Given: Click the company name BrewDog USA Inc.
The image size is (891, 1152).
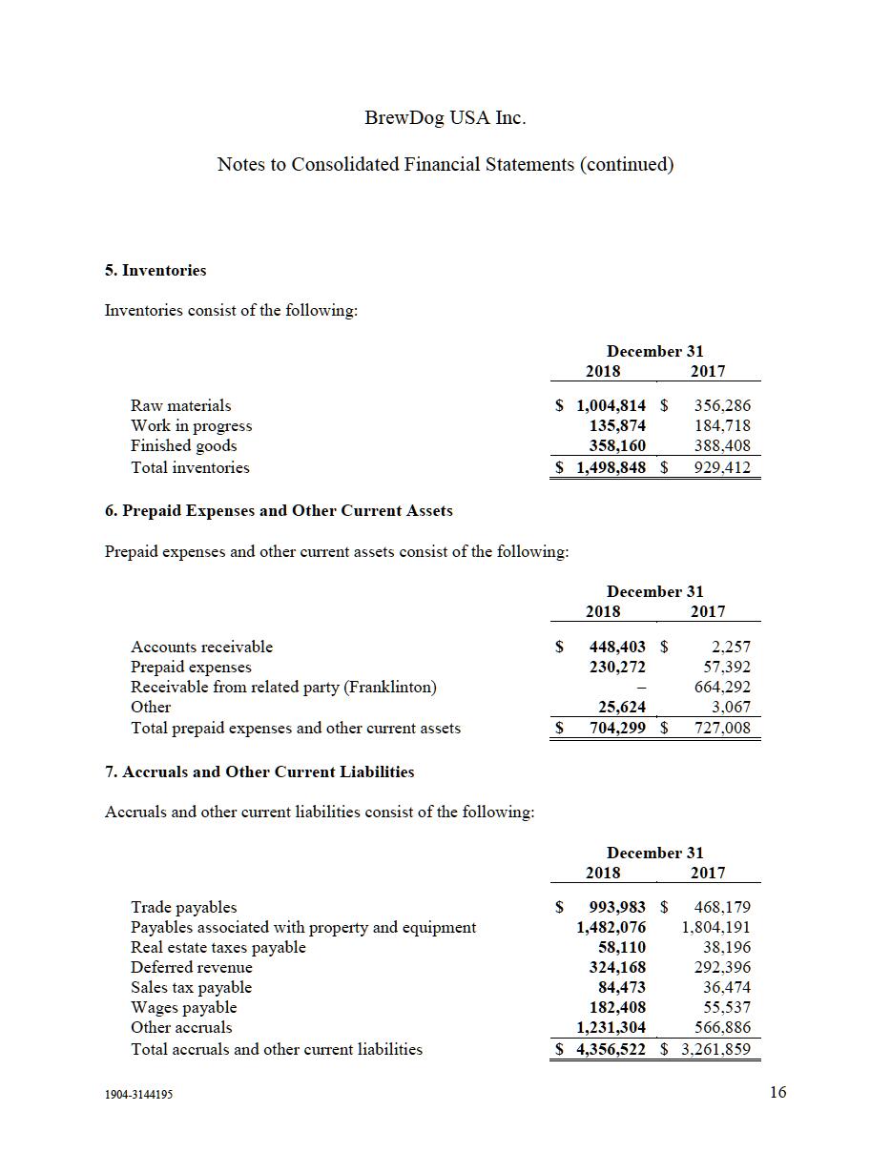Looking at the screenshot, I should [x=445, y=118].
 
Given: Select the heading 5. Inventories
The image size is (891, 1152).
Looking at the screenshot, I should [x=155, y=271].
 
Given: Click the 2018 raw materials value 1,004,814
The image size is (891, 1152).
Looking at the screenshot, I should [x=611, y=406].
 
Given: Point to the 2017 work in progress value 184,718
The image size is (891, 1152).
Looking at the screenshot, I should [x=721, y=426].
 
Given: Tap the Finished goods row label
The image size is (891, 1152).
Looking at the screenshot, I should [x=184, y=446].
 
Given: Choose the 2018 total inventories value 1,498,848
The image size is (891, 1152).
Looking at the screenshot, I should [x=611, y=468].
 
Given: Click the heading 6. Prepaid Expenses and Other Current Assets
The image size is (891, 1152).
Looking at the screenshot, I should [x=279, y=511].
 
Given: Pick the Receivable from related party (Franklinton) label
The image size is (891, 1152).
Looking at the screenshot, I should [x=283, y=687].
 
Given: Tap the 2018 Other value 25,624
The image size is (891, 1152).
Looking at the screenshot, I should [x=622, y=708].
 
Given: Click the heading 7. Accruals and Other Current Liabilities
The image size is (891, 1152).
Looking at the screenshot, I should [x=259, y=772].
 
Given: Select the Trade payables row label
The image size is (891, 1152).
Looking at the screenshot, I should [x=184, y=908].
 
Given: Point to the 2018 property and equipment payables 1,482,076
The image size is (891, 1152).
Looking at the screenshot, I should [x=611, y=928].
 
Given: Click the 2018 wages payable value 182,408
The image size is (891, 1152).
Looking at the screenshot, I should [x=617, y=1008].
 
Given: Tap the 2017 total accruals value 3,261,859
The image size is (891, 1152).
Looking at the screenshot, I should [x=715, y=1050].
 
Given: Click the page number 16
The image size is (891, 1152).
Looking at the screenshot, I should [x=777, y=1093].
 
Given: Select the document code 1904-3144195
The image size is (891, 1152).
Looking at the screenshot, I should [x=139, y=1095].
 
